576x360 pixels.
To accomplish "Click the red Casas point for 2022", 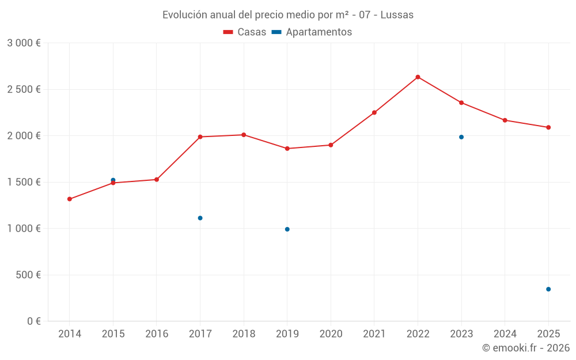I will pos(418,77).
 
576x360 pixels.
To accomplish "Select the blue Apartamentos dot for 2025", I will pos(548,289).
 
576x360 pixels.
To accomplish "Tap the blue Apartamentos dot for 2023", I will pos(461,137).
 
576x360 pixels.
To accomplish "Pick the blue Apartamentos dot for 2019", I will pos(287,229).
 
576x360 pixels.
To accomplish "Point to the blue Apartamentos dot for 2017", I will pos(200,218).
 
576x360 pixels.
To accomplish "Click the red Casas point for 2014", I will pos(69,199).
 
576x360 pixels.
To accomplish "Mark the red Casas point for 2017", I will pos(200,137).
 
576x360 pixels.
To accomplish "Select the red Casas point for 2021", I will pos(374,112).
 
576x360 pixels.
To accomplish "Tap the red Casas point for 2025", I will pos(548,127).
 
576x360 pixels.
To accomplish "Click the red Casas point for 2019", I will pos(287,149).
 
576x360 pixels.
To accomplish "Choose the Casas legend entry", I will pos(245,32).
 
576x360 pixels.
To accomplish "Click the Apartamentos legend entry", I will pos(312,32).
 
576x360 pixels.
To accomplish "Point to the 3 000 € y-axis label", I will pos(24,43).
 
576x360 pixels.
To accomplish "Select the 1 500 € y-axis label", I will pos(24,182).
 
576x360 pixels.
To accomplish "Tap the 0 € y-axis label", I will pos(32,321).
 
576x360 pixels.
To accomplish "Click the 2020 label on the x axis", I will pos(331,334).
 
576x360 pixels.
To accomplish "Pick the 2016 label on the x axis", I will pos(156,334).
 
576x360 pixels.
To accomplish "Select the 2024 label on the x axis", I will pos(505,334).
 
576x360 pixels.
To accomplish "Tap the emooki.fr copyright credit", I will pos(526,348).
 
